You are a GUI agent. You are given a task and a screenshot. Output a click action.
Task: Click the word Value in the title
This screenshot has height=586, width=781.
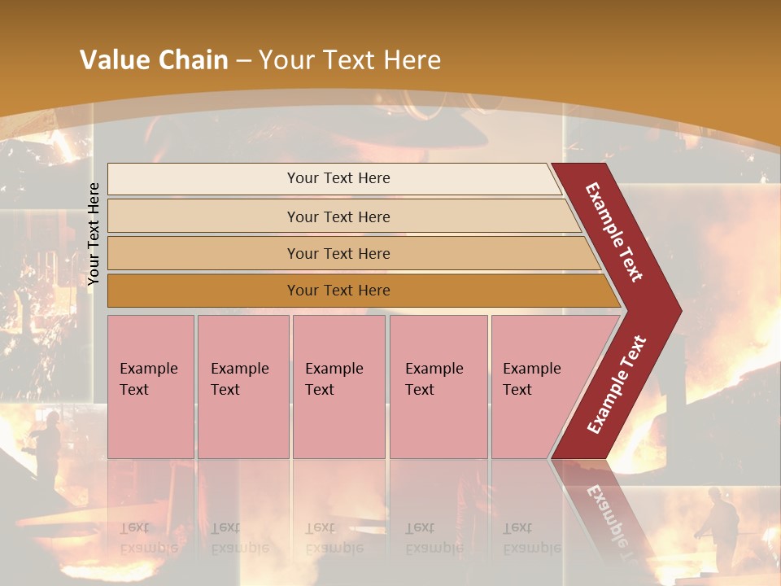point(113,60)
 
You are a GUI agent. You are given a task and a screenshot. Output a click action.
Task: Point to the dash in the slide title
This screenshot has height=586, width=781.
point(243,61)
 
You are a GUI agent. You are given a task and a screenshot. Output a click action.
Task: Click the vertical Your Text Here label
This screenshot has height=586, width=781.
point(94,234)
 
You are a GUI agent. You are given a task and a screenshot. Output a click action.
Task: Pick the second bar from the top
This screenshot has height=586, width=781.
point(338,216)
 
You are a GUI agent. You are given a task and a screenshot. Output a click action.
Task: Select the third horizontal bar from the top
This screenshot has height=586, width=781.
point(338,253)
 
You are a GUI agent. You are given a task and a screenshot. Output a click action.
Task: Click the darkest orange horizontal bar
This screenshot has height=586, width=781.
point(338,291)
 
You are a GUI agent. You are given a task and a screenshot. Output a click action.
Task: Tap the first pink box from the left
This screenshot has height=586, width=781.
point(151,387)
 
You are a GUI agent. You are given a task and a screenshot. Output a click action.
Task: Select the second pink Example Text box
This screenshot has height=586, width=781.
point(242,387)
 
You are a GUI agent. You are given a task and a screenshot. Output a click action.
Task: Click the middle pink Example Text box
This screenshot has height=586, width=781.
point(338,387)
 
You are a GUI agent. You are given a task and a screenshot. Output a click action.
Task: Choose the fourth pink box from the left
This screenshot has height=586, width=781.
point(438,387)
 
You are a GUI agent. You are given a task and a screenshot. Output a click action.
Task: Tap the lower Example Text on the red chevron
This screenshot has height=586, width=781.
point(617,385)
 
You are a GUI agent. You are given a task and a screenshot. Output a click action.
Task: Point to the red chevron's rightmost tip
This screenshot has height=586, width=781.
point(679,310)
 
